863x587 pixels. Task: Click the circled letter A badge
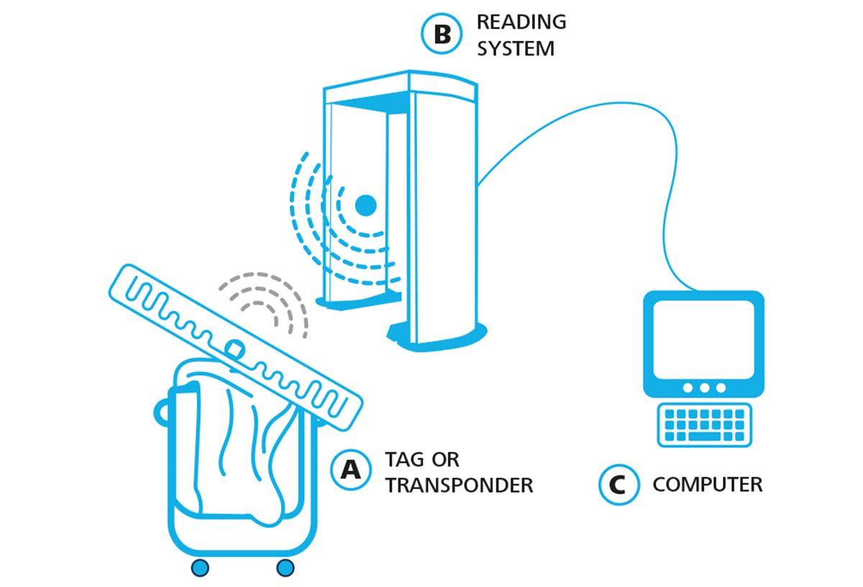click(x=351, y=470)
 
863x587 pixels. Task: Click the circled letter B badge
click(x=442, y=34)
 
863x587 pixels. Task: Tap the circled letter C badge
click(x=619, y=484)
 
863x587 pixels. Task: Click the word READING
click(x=521, y=22)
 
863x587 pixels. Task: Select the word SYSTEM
click(x=516, y=49)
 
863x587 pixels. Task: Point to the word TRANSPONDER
click(x=460, y=486)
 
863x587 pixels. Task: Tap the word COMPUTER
click(x=708, y=484)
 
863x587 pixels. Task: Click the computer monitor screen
click(x=703, y=340)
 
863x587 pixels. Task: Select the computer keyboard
click(x=704, y=424)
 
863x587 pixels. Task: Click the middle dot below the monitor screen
click(x=704, y=388)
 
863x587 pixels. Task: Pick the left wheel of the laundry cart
click(x=200, y=568)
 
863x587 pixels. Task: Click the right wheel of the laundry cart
click(x=285, y=568)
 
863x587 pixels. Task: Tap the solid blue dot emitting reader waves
click(x=365, y=205)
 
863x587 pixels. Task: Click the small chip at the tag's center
click(x=234, y=349)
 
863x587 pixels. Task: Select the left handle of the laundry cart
click(x=161, y=413)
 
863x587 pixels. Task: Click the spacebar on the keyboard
click(x=704, y=437)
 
